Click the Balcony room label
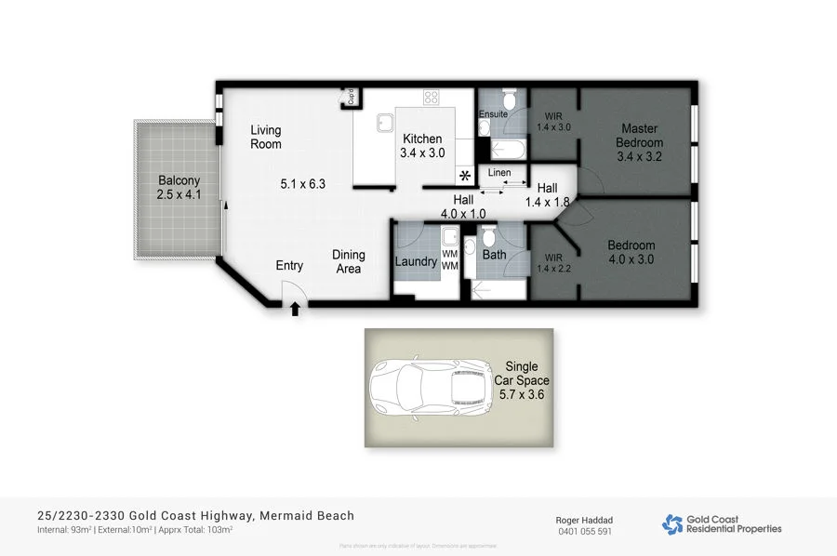[x=179, y=188]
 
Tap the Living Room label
[x=265, y=138]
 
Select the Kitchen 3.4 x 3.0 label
[x=421, y=146]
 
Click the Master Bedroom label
[x=640, y=136]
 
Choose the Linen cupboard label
[x=499, y=174]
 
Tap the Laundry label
[x=416, y=261]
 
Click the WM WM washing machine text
[x=450, y=260]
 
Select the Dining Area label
[x=349, y=262]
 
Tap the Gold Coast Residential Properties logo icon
[x=671, y=524]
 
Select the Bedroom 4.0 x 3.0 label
[x=632, y=253]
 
